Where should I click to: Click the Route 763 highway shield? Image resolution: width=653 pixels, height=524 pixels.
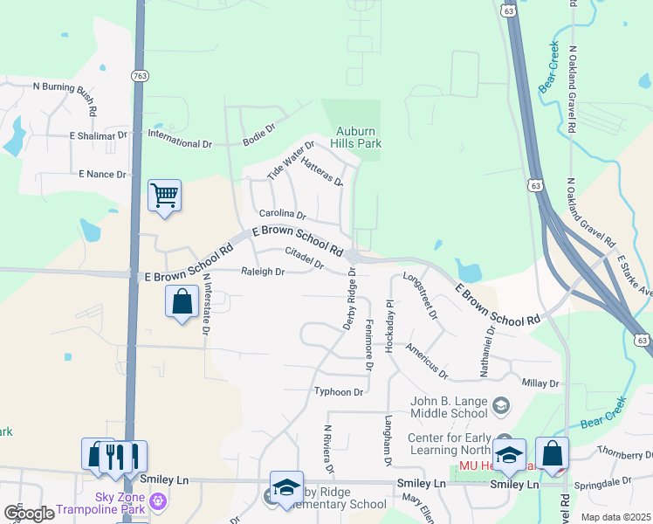(141, 76)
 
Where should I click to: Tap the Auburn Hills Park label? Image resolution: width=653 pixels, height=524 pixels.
(358, 137)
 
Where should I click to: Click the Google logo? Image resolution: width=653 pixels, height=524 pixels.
(28, 514)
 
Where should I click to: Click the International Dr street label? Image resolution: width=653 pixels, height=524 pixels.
(181, 143)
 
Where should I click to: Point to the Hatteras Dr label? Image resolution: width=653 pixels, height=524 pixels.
(320, 165)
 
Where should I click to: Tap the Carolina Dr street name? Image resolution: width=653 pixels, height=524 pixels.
(282, 214)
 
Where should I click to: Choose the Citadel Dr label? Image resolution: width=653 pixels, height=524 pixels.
(304, 258)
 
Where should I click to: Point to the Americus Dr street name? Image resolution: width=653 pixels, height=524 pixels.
(426, 360)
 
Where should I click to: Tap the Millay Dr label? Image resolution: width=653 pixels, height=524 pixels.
(540, 383)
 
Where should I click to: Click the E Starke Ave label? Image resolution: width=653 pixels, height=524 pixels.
(634, 275)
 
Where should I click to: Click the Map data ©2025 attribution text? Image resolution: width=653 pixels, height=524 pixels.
(615, 517)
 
